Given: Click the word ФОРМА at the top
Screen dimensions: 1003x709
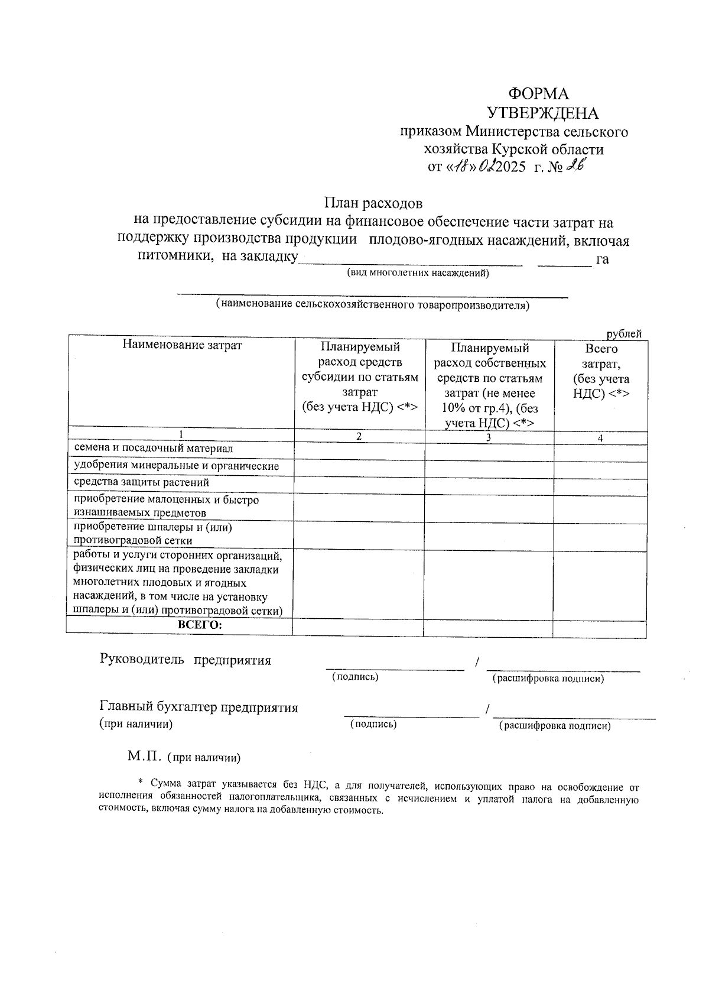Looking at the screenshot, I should [x=538, y=93].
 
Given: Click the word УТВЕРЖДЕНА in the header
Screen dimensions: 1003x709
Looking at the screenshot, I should [x=542, y=113].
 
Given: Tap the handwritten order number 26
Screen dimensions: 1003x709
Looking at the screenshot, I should [x=574, y=167].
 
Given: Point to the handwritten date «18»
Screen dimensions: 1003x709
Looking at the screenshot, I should [x=460, y=167].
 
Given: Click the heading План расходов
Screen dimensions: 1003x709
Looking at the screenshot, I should [x=373, y=203].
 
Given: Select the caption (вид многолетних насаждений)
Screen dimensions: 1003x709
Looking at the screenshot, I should [x=418, y=273].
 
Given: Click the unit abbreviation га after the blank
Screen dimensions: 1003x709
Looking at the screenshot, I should [x=603, y=259].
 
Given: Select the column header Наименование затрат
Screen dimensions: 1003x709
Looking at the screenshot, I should [x=182, y=345].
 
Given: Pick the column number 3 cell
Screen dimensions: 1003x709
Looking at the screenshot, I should [x=488, y=437].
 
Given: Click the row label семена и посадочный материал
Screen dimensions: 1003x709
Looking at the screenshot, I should [x=153, y=449].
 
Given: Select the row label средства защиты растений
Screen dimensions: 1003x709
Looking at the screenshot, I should [x=141, y=482].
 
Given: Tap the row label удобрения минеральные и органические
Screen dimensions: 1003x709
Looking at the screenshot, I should [x=176, y=466].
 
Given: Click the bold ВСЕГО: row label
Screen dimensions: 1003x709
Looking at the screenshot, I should [x=200, y=625].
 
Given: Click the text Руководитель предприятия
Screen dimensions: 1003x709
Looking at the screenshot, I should [x=186, y=660].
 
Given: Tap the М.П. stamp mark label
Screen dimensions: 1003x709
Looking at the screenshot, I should [x=144, y=757].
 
